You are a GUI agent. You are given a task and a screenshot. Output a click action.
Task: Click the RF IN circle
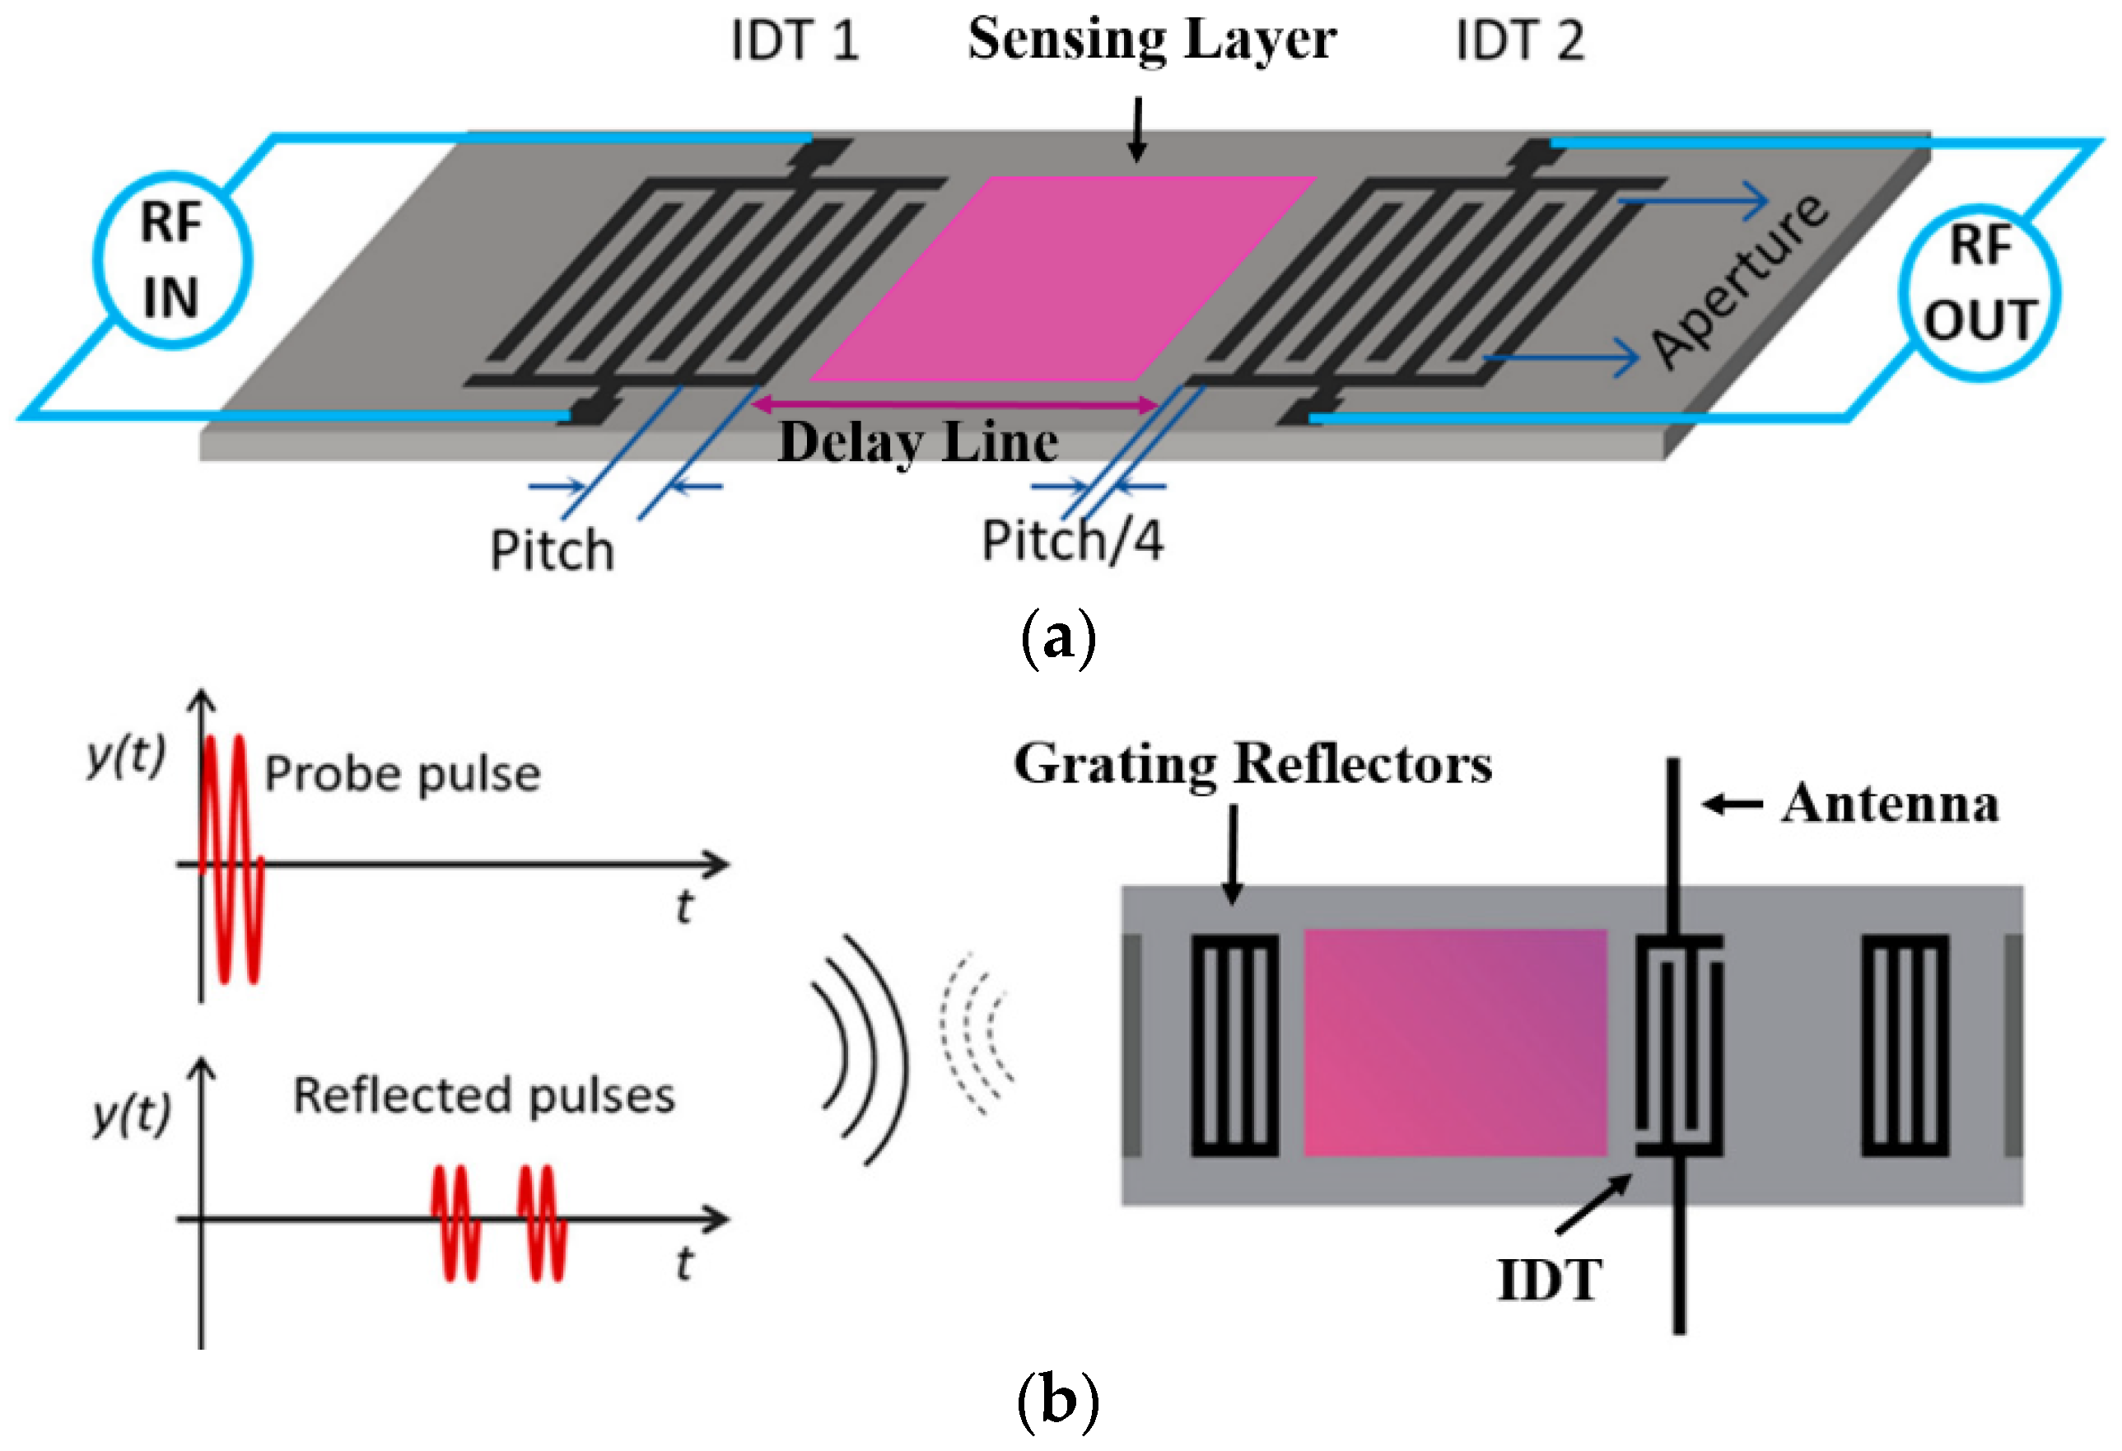click(171, 260)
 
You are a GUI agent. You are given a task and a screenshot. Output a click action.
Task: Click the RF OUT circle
click(1980, 292)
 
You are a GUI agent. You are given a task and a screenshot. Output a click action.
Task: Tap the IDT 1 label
click(795, 41)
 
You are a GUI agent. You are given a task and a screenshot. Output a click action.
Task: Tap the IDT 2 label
click(1519, 41)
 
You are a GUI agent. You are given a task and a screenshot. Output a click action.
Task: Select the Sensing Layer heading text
click(1152, 41)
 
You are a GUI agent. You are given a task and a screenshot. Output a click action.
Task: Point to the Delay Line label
click(917, 443)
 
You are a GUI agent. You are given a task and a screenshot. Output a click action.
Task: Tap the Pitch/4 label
click(1073, 540)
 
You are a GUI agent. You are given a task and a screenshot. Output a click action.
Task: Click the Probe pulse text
click(403, 774)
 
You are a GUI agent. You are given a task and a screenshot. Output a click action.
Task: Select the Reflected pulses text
click(484, 1096)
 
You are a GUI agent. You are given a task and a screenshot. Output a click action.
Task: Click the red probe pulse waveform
click(230, 858)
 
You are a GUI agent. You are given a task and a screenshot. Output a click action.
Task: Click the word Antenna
click(1890, 805)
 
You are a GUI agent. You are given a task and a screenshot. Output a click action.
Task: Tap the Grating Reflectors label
click(1252, 763)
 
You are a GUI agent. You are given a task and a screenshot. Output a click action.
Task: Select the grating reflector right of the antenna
click(1905, 1046)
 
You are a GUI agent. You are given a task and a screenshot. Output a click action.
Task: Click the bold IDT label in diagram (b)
click(1550, 1281)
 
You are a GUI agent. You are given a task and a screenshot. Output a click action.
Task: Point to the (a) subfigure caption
click(1057, 638)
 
